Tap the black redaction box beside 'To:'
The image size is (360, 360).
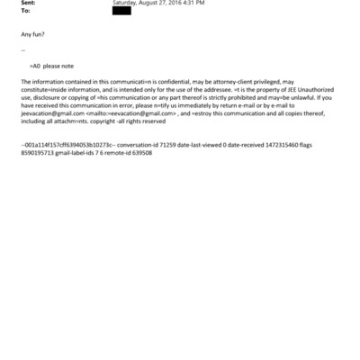tap(121, 11)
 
